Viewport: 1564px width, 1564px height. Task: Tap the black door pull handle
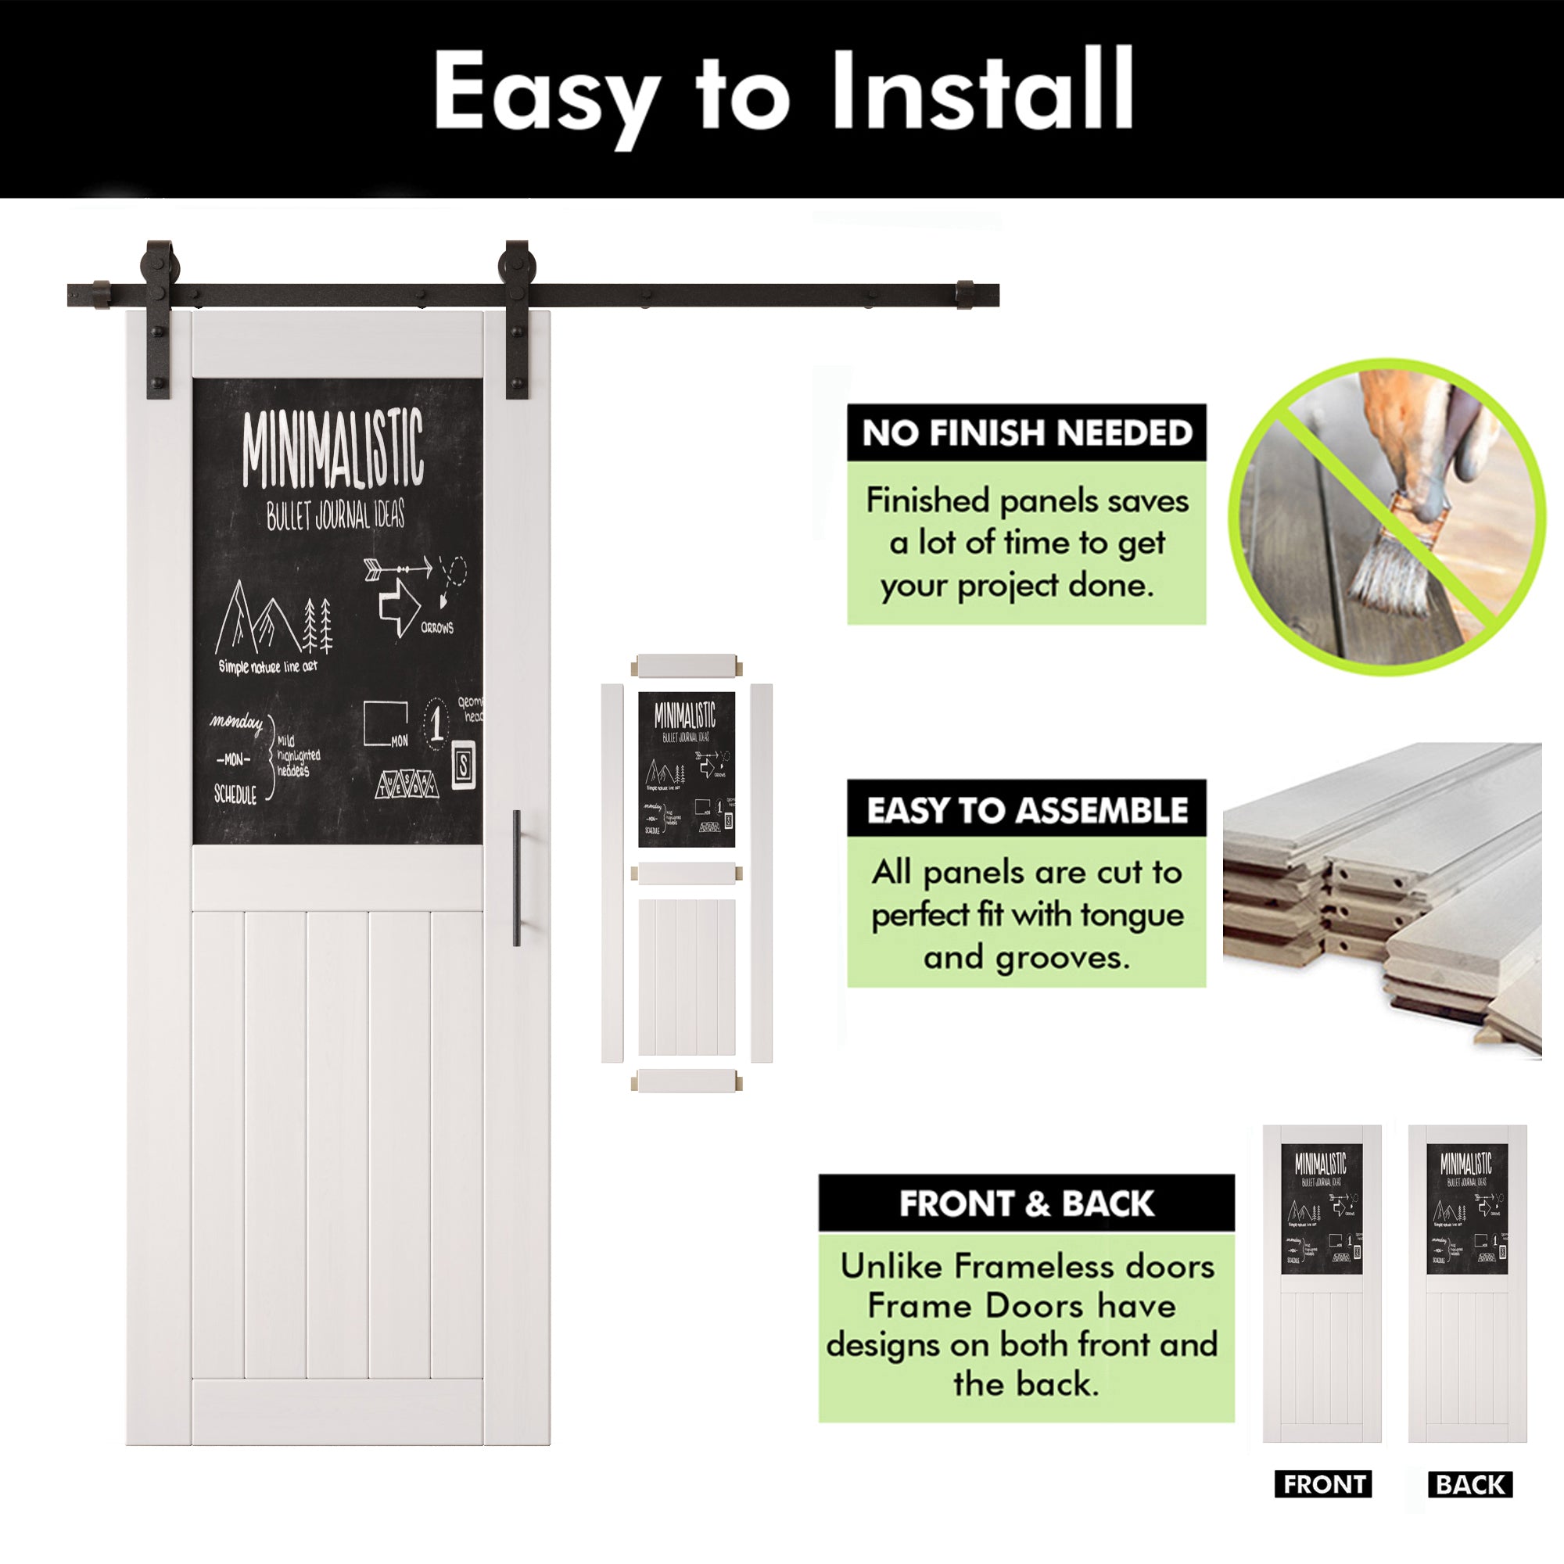click(x=516, y=877)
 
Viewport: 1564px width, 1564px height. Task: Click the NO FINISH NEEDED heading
click(x=1027, y=433)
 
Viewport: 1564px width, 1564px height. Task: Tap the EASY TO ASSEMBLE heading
click(x=1027, y=810)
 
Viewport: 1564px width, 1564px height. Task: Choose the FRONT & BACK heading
click(x=1027, y=1203)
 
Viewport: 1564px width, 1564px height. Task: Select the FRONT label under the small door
click(x=1324, y=1484)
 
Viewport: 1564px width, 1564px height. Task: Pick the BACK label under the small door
click(x=1470, y=1484)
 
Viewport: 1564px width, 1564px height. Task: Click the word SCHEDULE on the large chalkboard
click(x=235, y=795)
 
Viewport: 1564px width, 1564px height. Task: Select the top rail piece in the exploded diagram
click(x=687, y=667)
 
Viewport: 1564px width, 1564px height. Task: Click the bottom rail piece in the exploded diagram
click(x=687, y=1081)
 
